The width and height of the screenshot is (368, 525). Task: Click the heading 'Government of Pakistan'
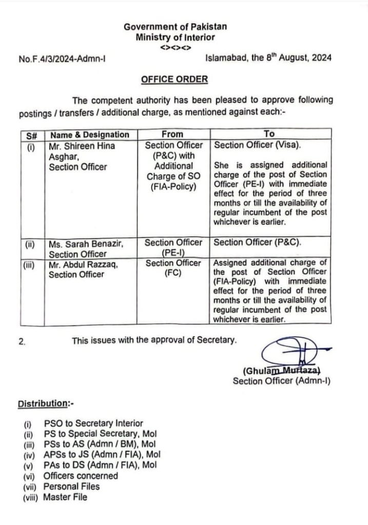pos(175,26)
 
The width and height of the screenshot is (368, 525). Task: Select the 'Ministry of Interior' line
pos(175,37)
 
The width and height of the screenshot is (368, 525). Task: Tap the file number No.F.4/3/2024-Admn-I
pos(63,59)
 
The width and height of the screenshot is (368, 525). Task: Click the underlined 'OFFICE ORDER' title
pos(175,79)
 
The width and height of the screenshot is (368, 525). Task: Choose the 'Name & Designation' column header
pos(89,134)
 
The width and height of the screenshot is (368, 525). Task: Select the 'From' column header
pos(172,134)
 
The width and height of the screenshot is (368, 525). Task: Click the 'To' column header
pos(269,134)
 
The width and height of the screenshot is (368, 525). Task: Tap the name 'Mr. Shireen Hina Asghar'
pos(82,151)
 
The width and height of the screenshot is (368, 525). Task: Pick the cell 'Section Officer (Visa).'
pos(258,146)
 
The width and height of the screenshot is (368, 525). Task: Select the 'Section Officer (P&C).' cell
pos(257,243)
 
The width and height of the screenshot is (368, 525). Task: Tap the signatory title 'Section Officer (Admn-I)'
pos(282,381)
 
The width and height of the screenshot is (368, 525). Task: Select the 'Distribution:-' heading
pos(46,403)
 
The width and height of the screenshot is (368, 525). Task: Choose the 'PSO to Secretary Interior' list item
pos(93,423)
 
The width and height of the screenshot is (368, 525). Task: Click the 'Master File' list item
pos(65,497)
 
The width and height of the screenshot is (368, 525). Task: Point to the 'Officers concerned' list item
pos(81,476)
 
